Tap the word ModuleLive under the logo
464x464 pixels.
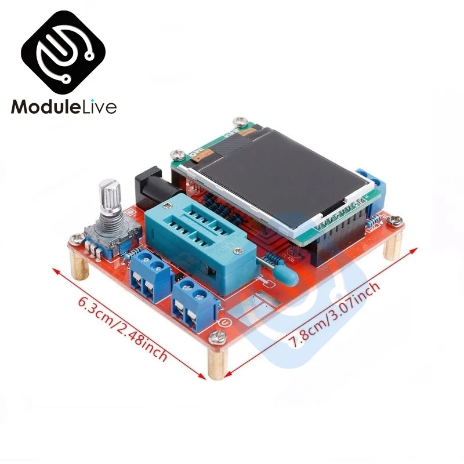[x=64, y=107]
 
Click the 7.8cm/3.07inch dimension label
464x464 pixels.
[x=336, y=313]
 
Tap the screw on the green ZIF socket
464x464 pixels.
[x=237, y=251]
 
